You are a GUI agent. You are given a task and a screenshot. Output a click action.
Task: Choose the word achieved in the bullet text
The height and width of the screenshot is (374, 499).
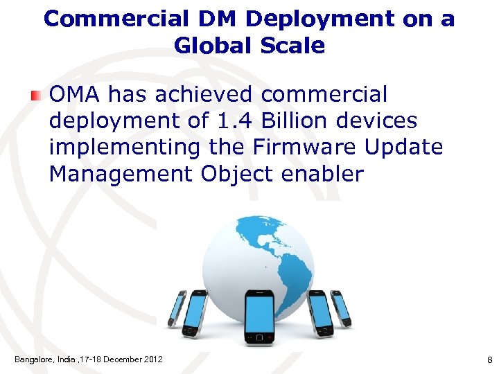coord(201,94)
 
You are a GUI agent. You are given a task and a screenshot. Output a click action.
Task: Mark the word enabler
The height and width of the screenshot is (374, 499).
coord(322,173)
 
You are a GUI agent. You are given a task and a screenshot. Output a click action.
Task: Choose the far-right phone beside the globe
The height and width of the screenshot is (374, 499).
coord(341,308)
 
